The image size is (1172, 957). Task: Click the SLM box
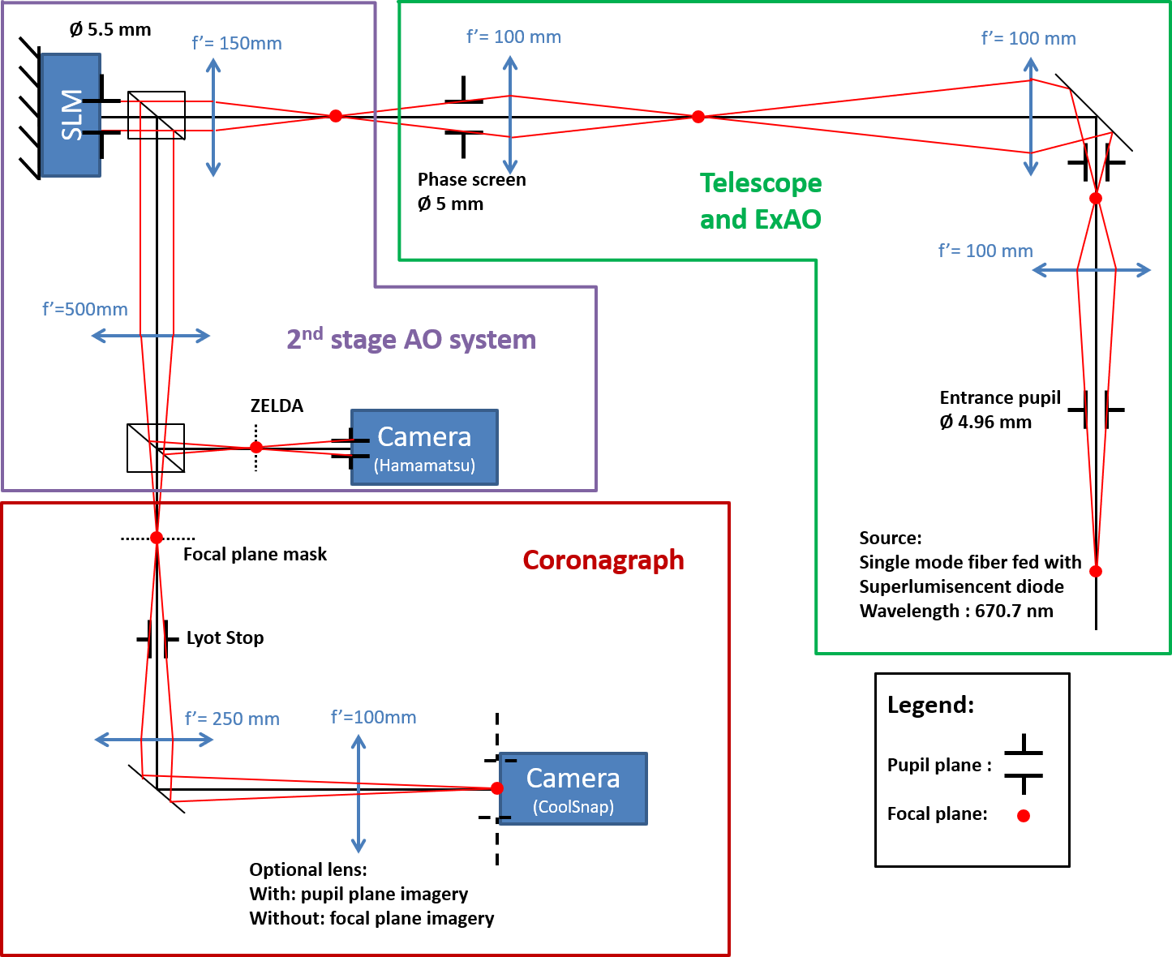[71, 114]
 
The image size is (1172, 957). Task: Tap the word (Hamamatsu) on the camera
[424, 466]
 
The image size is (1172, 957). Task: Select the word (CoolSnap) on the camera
[573, 807]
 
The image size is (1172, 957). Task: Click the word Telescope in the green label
[760, 183]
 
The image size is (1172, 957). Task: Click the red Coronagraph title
[603, 560]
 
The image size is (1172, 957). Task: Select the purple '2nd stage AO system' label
[411, 339]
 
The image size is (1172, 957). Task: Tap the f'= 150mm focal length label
[237, 44]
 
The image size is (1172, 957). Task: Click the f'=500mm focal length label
[85, 309]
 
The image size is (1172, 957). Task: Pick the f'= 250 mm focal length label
[232, 719]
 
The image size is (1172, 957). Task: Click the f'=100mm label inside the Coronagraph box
[373, 717]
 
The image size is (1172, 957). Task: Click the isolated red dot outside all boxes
[1024, 816]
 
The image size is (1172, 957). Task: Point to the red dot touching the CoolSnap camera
[496, 788]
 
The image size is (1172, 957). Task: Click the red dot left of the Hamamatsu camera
[256, 447]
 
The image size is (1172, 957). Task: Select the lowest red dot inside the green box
[1096, 572]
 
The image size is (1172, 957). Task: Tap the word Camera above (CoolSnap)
[573, 778]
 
